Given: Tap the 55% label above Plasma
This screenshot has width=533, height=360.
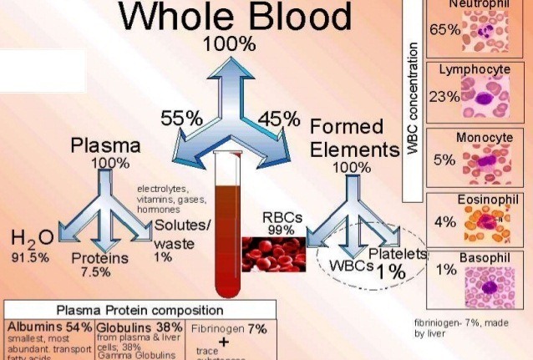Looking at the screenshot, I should (182, 119).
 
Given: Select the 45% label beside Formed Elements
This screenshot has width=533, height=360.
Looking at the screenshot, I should (278, 119).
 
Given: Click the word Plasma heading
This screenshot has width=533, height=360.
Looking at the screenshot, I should (105, 145).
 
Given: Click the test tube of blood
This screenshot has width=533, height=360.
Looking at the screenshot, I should (227, 226).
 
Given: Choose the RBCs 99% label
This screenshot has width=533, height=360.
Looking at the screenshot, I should (282, 222).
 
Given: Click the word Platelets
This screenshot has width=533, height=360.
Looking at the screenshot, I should (398, 253).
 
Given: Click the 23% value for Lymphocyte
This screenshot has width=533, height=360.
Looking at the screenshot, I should (443, 96).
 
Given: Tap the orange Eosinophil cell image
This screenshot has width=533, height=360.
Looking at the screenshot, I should (490, 224).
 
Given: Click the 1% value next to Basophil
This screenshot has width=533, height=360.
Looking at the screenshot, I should (445, 270).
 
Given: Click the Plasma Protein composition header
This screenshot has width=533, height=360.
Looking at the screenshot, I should (138, 310).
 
